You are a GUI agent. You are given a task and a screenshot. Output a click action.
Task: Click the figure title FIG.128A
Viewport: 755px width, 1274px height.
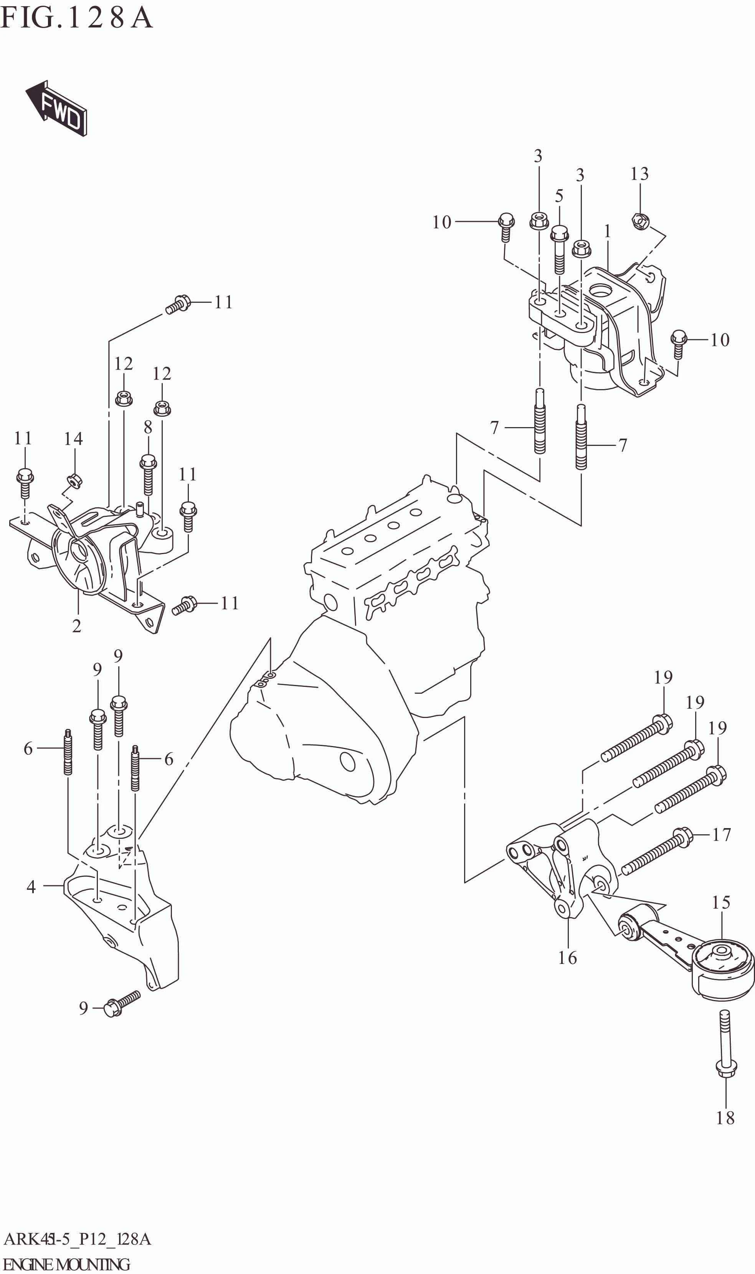click(x=76, y=18)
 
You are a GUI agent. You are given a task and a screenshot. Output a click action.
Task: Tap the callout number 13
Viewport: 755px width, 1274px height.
click(x=639, y=174)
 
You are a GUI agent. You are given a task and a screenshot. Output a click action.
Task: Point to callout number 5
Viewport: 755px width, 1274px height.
click(x=559, y=196)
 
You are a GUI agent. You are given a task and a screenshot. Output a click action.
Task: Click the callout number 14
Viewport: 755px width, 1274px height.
click(x=73, y=438)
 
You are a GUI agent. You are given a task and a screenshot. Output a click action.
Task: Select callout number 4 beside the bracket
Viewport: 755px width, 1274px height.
click(x=31, y=887)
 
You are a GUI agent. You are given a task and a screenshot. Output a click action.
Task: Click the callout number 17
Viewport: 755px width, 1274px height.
click(x=721, y=835)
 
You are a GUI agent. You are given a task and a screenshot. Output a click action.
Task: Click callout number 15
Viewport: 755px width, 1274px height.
click(x=721, y=902)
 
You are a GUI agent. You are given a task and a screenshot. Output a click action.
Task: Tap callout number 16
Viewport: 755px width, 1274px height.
click(x=567, y=958)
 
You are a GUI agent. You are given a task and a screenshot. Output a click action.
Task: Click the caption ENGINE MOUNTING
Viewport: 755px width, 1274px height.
click(x=66, y=1264)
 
